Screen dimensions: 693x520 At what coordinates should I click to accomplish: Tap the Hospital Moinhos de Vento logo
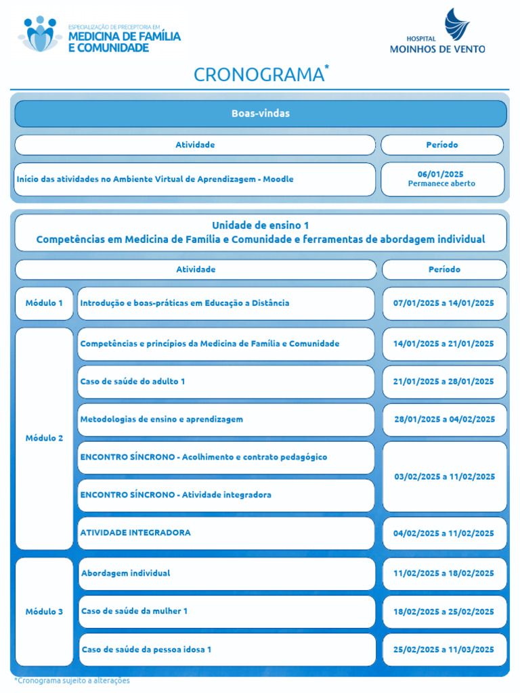(x=437, y=32)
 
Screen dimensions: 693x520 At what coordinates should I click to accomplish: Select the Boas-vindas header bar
(x=260, y=114)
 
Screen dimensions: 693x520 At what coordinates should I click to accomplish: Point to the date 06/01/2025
(x=441, y=174)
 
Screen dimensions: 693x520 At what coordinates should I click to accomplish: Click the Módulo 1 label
(x=44, y=303)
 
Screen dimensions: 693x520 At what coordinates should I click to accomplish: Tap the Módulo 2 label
(x=44, y=438)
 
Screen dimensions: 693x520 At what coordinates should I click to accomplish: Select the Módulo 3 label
(x=44, y=612)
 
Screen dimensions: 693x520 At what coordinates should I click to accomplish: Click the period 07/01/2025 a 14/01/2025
(x=443, y=303)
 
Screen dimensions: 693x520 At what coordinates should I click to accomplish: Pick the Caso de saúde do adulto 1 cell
(x=225, y=382)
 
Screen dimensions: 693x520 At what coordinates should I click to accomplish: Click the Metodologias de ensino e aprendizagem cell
(x=225, y=420)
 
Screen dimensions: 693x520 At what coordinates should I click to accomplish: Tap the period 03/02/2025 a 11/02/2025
(x=444, y=476)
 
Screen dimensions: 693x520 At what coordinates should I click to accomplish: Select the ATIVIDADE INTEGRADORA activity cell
(x=225, y=533)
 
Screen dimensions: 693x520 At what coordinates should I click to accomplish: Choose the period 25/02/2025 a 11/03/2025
(x=443, y=650)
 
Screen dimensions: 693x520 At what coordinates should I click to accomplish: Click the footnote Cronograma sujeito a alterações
(x=72, y=680)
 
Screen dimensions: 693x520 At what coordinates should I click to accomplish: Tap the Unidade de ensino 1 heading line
(x=260, y=225)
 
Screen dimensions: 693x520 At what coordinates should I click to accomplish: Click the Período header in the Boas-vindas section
(x=441, y=145)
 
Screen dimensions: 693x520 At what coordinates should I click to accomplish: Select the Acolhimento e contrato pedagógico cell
(x=225, y=457)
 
